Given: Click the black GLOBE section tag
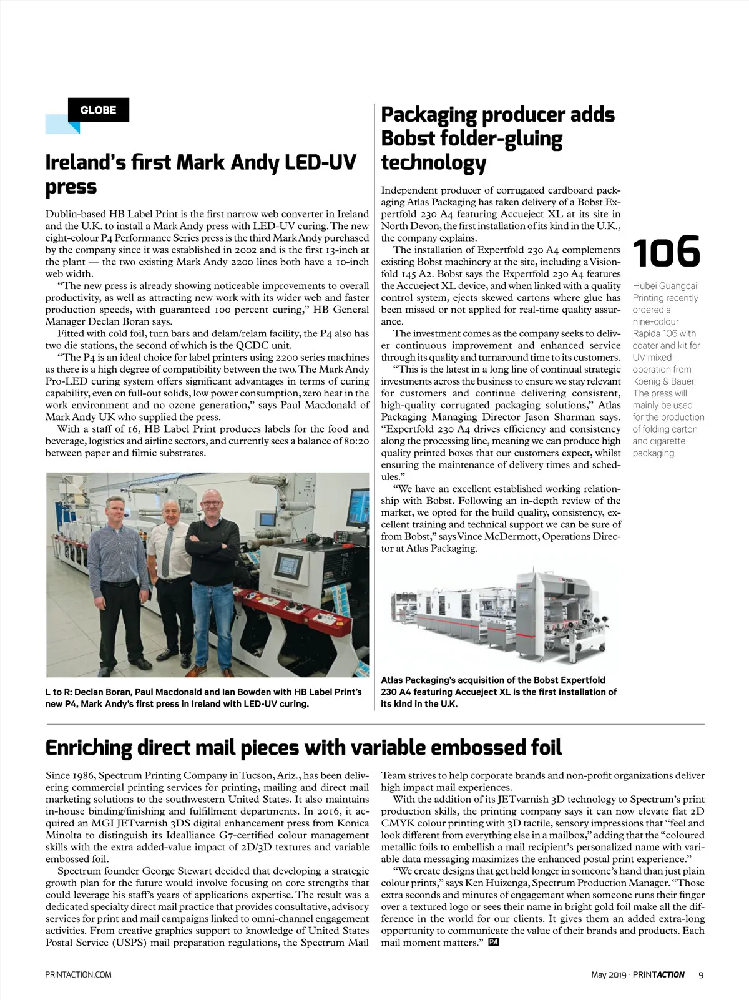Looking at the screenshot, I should pos(98,110).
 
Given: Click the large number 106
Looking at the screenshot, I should pos(666,252).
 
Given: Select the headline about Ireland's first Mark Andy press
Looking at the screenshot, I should pos(200,174).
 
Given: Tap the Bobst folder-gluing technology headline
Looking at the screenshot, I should pos(497,139).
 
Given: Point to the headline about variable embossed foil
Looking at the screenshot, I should pos(303,747).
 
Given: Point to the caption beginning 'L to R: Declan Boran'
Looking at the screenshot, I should pos(203,698).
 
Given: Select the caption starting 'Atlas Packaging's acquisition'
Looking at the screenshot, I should pos(499,692).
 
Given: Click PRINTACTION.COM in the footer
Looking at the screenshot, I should pos(78,974).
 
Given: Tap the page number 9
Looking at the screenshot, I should pos(701,974).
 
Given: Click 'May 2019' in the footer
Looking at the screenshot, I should pos(609,974).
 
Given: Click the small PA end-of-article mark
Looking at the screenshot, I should pos(494,943).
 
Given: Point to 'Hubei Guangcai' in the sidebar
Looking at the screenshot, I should pos(665,286).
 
